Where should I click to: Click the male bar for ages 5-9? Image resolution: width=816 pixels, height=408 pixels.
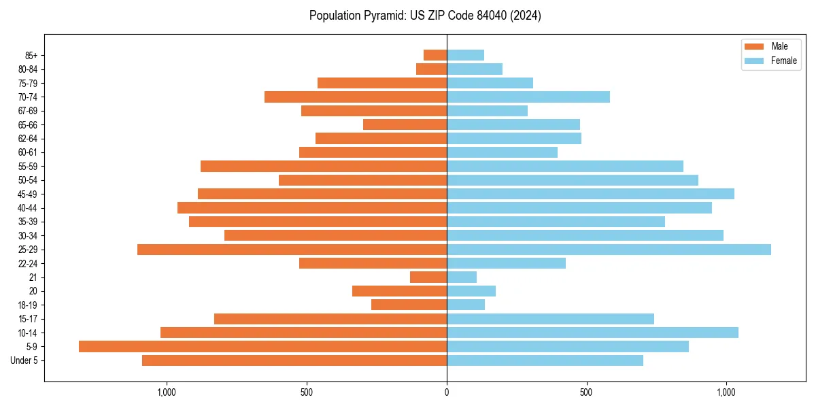point(262,346)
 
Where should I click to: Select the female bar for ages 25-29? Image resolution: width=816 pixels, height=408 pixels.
point(609,250)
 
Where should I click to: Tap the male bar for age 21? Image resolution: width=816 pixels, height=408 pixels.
point(428,277)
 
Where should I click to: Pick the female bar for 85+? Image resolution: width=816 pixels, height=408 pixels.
point(465,55)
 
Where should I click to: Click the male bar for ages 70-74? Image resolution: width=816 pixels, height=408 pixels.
point(356,97)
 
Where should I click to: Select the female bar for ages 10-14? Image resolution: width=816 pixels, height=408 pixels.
point(592,333)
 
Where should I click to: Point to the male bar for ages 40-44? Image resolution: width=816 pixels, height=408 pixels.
point(312,207)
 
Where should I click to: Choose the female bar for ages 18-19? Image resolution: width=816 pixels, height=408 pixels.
point(466,305)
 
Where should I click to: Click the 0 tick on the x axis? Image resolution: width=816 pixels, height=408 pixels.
point(447,392)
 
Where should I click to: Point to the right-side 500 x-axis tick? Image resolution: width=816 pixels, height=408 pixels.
point(586,392)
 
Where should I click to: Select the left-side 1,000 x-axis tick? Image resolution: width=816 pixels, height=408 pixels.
point(167,392)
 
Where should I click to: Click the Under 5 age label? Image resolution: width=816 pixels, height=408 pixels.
point(24,360)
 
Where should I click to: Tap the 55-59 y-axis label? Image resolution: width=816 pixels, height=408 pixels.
point(27,166)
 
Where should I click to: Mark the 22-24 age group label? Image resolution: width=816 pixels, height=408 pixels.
point(27,263)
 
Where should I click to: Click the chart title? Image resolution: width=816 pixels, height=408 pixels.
point(425,16)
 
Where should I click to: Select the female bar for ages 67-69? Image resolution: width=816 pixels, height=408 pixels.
point(487,110)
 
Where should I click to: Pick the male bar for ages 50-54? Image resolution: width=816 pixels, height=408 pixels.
point(362,180)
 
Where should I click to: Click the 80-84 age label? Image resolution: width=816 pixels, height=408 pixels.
point(27,69)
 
